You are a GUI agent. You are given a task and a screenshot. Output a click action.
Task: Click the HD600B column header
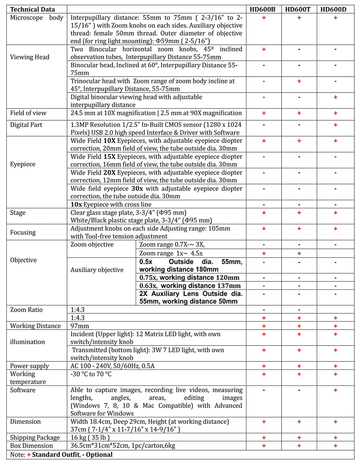(x=263, y=9)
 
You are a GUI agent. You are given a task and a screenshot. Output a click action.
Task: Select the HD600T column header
(x=299, y=9)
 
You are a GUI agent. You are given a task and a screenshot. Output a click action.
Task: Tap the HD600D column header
(x=335, y=9)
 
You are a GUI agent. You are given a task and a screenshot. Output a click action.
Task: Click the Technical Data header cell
(x=32, y=9)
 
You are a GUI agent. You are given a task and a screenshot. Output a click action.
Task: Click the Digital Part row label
(x=28, y=124)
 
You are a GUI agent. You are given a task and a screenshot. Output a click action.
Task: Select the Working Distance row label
(x=35, y=326)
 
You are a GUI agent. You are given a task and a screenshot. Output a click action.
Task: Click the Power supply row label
(x=30, y=366)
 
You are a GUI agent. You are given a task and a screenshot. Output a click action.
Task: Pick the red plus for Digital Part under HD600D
(x=335, y=124)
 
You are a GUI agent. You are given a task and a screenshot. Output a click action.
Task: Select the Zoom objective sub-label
(x=92, y=244)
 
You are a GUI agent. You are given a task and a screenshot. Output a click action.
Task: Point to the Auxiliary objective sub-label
(x=97, y=270)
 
